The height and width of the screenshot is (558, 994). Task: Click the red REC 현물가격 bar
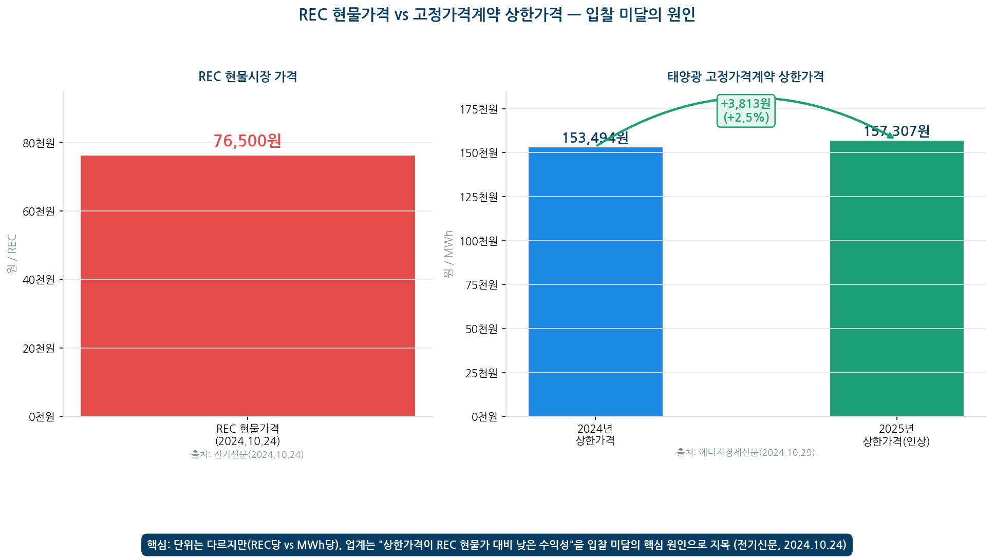(x=248, y=285)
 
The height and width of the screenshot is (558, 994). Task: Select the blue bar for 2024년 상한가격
(x=595, y=281)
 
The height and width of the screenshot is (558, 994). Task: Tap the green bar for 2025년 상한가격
(x=897, y=278)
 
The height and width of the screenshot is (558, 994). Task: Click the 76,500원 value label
(x=247, y=141)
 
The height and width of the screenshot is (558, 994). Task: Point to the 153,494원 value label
(x=595, y=138)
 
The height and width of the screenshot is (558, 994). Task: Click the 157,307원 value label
(x=897, y=131)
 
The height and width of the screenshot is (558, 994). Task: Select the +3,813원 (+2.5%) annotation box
(x=746, y=110)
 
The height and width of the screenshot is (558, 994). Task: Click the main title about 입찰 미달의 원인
(x=497, y=14)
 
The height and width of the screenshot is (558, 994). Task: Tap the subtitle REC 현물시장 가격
(x=248, y=76)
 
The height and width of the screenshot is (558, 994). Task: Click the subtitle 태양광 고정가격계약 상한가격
(x=746, y=76)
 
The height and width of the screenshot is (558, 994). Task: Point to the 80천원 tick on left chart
(x=39, y=143)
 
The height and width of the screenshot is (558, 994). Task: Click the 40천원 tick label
(x=39, y=279)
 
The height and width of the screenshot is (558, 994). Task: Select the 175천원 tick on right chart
(x=479, y=109)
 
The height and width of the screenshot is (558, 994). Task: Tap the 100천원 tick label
(x=479, y=241)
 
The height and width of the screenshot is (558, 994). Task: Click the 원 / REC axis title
(x=12, y=254)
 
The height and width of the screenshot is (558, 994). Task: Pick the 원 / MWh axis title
(x=448, y=254)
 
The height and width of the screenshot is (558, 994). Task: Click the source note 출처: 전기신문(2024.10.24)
(x=248, y=454)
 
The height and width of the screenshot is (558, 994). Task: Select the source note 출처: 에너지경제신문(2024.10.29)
(x=746, y=452)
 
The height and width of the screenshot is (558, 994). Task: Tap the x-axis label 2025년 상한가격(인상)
(x=896, y=435)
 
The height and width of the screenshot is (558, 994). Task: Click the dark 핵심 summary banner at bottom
(x=497, y=545)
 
